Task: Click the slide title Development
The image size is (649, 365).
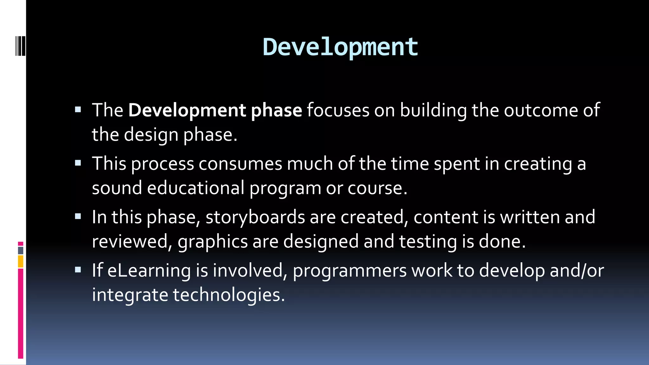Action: tap(340, 48)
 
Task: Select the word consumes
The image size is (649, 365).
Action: tap(240, 164)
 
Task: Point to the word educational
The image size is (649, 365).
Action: tap(196, 188)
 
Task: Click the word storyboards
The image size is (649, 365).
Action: tap(255, 217)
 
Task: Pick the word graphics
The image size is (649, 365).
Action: tap(213, 242)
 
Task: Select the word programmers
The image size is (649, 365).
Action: tap(350, 271)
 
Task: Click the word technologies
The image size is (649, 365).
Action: tap(229, 295)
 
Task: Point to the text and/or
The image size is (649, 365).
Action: tap(577, 271)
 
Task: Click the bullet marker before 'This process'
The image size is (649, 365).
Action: tap(78, 163)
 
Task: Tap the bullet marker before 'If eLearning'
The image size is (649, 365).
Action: tap(78, 270)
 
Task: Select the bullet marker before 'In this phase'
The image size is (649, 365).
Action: tap(78, 217)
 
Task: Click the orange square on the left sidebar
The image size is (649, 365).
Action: tap(21, 262)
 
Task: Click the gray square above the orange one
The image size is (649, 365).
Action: tap(21, 251)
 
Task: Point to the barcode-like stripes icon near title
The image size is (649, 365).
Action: tap(20, 46)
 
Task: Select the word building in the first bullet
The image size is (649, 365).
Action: tap(433, 111)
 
